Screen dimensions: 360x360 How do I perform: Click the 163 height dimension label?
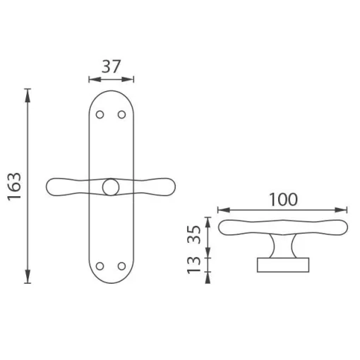(x=15, y=186)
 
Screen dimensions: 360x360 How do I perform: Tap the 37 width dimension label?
(x=111, y=66)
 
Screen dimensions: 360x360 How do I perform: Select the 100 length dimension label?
(x=283, y=200)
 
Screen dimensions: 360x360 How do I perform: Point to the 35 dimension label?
(x=194, y=234)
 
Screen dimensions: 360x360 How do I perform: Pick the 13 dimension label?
(x=194, y=265)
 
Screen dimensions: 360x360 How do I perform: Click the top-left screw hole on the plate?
(x=100, y=115)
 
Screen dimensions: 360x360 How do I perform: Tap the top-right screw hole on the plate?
(x=121, y=115)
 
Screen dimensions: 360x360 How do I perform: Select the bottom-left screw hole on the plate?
(x=100, y=266)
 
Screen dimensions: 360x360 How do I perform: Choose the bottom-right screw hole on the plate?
(x=121, y=266)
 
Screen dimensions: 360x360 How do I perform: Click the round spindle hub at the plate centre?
(x=111, y=187)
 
